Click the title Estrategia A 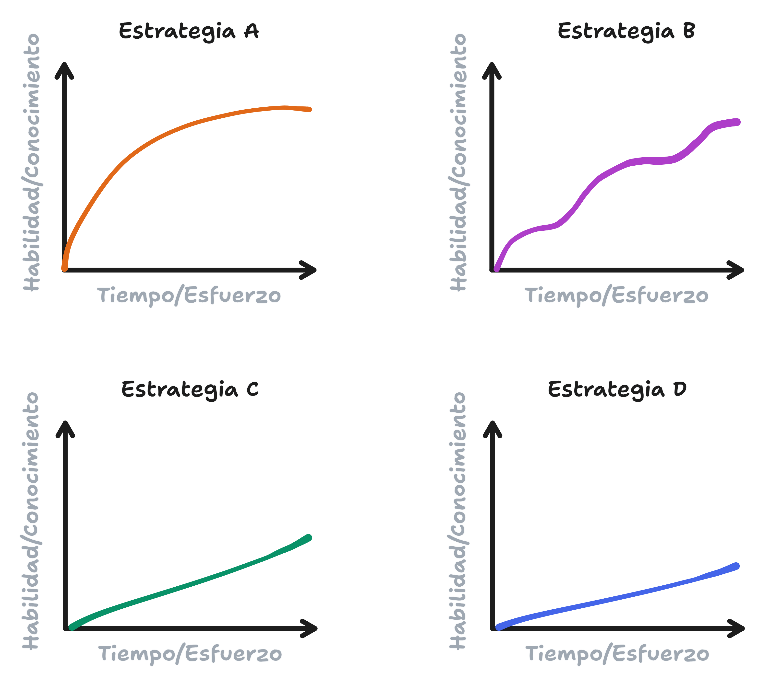pyautogui.click(x=189, y=31)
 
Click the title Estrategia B pyautogui.click(x=626, y=31)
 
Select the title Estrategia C pyautogui.click(x=190, y=389)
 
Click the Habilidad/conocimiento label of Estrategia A pyautogui.click(x=32, y=162)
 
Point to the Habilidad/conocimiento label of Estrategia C pyautogui.click(x=31, y=521)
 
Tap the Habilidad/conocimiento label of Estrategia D pyautogui.click(x=458, y=521)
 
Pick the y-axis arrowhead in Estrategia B pyautogui.click(x=492, y=70)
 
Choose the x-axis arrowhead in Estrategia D pyautogui.click(x=736, y=628)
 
